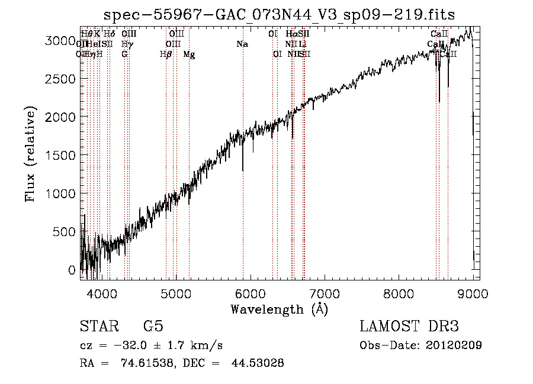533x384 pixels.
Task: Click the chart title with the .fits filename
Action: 279,15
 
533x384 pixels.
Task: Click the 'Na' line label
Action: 242,44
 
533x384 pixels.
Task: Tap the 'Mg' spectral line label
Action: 189,54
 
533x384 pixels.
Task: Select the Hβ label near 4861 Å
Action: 166,54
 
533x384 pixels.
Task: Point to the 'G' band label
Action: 124,54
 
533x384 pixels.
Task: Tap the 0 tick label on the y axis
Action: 72,270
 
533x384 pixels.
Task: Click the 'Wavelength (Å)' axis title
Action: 279,309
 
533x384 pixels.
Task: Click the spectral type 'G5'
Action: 153,327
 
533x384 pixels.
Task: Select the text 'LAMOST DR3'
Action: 409,327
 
